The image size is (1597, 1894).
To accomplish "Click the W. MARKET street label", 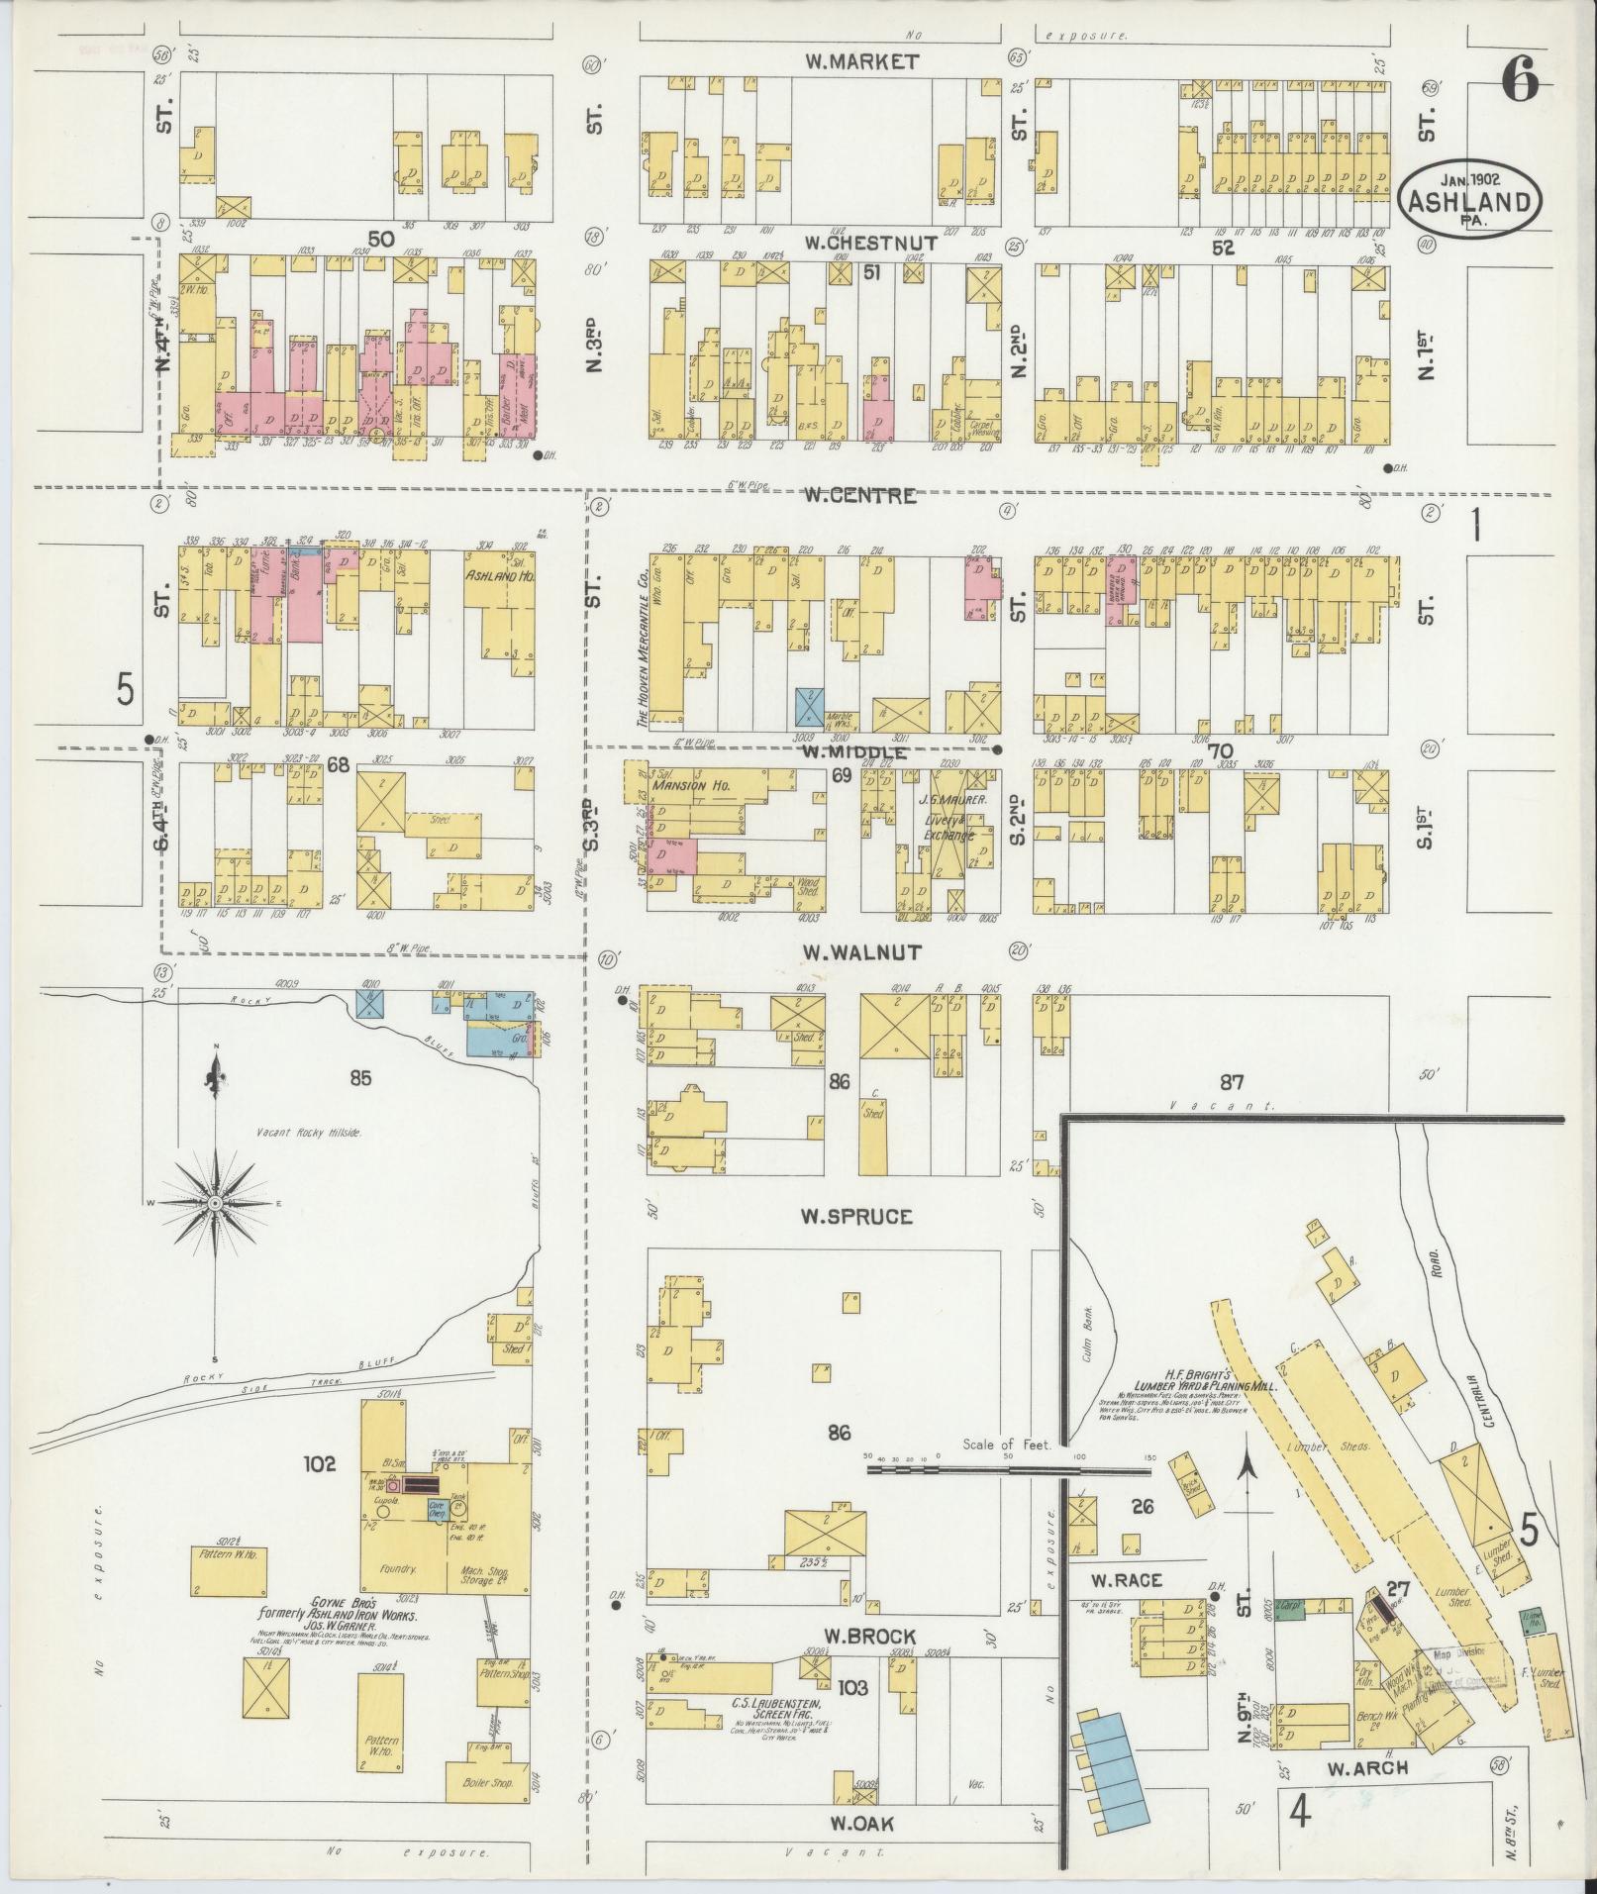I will (x=860, y=61).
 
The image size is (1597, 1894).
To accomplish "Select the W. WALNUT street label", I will (x=860, y=952).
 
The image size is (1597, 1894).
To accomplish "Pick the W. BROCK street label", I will (x=859, y=1636).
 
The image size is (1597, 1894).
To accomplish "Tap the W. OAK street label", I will (x=855, y=1824).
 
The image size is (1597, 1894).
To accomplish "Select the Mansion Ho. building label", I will (x=690, y=785).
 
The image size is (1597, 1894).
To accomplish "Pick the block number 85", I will (x=359, y=1078).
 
